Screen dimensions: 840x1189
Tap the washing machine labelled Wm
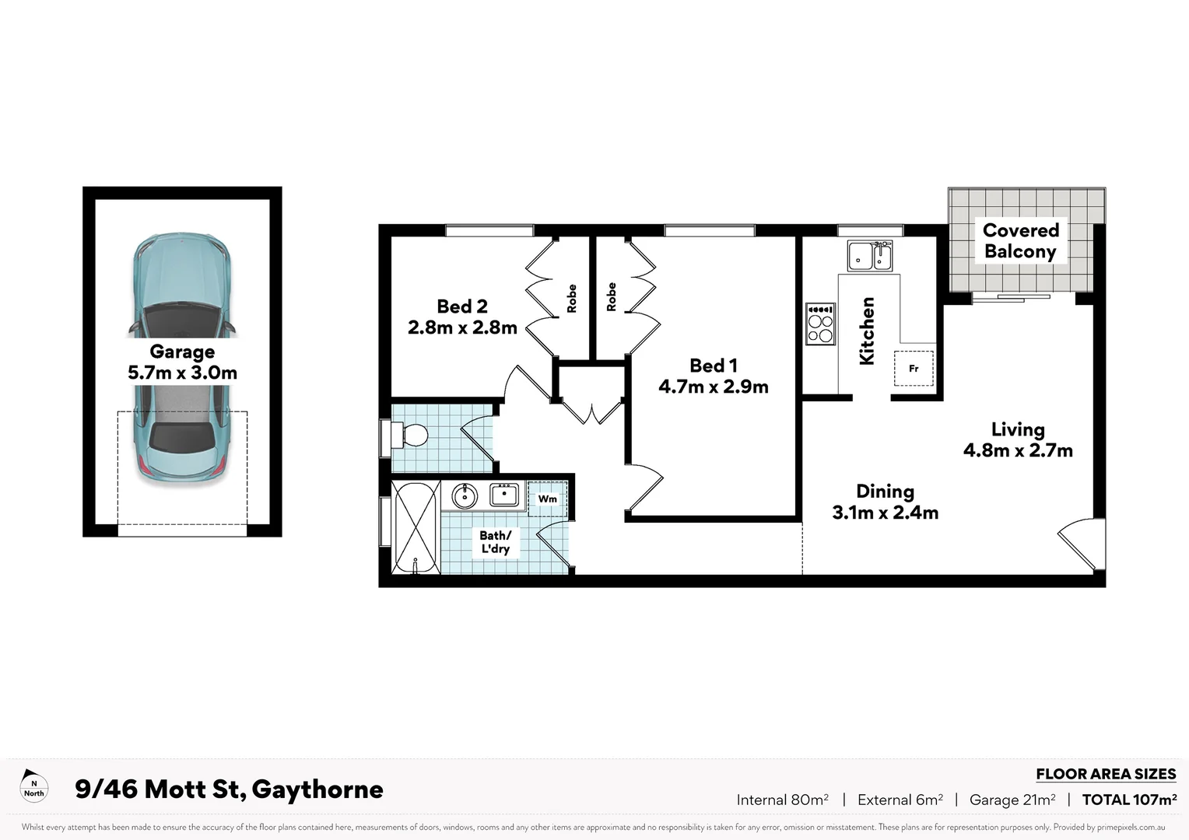(548, 499)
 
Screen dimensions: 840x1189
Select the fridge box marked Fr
(914, 368)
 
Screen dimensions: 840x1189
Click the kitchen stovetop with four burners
(820, 324)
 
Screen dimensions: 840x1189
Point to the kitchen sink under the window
(869, 255)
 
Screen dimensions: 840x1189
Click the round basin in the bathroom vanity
(465, 495)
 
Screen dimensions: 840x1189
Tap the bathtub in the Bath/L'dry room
(415, 527)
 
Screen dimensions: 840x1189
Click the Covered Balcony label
(1020, 240)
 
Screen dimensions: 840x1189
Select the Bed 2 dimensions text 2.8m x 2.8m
(462, 327)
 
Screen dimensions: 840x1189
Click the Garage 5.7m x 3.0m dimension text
(182, 373)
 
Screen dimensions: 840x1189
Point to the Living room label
(1018, 429)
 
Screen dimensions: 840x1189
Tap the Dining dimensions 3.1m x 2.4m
(885, 513)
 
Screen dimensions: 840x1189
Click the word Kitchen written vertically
(867, 331)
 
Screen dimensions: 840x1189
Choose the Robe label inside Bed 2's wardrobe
(572, 299)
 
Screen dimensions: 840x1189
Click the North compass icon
(33, 786)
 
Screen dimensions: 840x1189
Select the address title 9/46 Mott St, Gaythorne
(229, 789)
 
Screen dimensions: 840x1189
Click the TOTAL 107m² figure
(1129, 800)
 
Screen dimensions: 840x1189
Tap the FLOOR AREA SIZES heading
(1105, 774)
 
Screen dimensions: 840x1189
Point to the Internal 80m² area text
(782, 800)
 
